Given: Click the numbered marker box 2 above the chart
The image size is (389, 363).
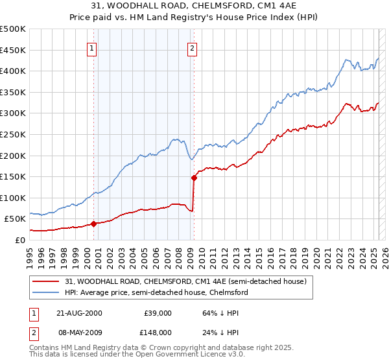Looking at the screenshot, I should coord(193,47).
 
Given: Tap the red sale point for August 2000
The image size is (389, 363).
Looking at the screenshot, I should coord(93,224).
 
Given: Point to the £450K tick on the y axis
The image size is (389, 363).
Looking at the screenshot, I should coord(13,50).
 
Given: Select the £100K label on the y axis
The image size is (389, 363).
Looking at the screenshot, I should coord(13,198).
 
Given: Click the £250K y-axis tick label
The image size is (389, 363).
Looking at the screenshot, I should coord(13,134).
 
